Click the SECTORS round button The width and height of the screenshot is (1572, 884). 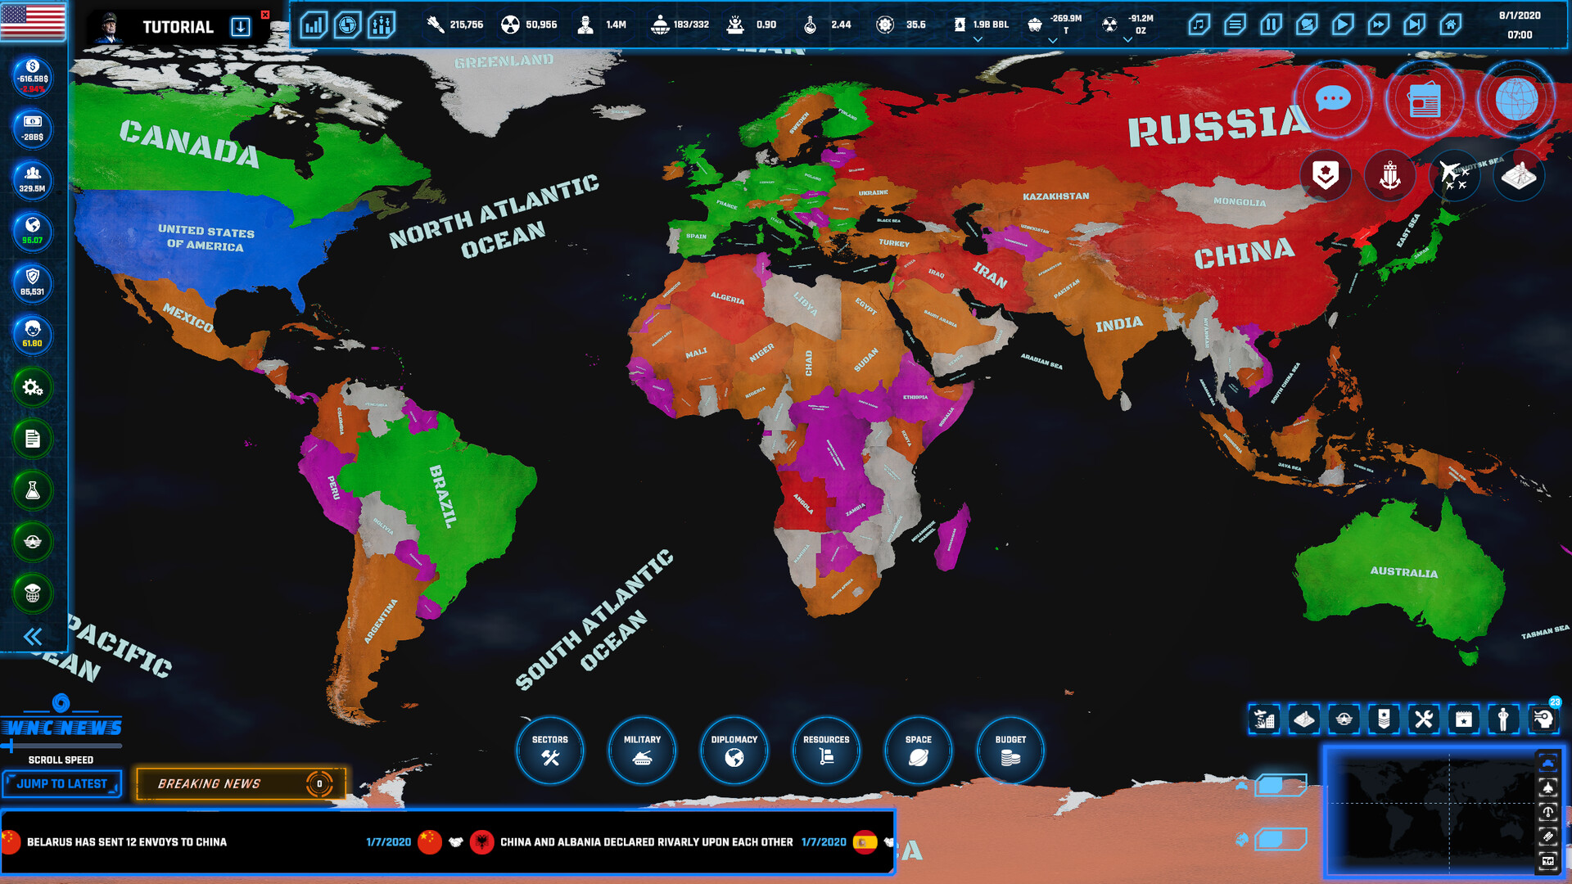[549, 750]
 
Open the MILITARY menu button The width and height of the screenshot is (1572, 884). [642, 750]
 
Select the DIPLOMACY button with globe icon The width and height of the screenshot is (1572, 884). [734, 750]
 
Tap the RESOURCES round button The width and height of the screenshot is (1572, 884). [826, 750]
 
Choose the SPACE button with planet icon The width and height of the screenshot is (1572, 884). [919, 750]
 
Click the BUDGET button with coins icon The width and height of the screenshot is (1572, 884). [1010, 750]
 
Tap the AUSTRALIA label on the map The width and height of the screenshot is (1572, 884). [1403, 572]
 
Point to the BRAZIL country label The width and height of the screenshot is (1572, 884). [442, 496]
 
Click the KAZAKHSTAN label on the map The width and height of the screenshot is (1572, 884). [1055, 196]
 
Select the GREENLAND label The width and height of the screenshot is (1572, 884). [504, 61]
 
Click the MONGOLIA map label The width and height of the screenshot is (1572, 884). [1239, 201]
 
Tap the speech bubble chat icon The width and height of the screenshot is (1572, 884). [1333, 100]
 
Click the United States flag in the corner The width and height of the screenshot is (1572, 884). [33, 21]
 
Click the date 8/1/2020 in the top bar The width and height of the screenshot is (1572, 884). [1520, 16]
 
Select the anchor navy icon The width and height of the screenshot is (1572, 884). [1389, 175]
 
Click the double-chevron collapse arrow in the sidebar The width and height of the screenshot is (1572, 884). [33, 637]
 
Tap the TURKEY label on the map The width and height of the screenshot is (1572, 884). [893, 243]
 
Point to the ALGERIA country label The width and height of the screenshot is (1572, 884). [727, 297]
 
